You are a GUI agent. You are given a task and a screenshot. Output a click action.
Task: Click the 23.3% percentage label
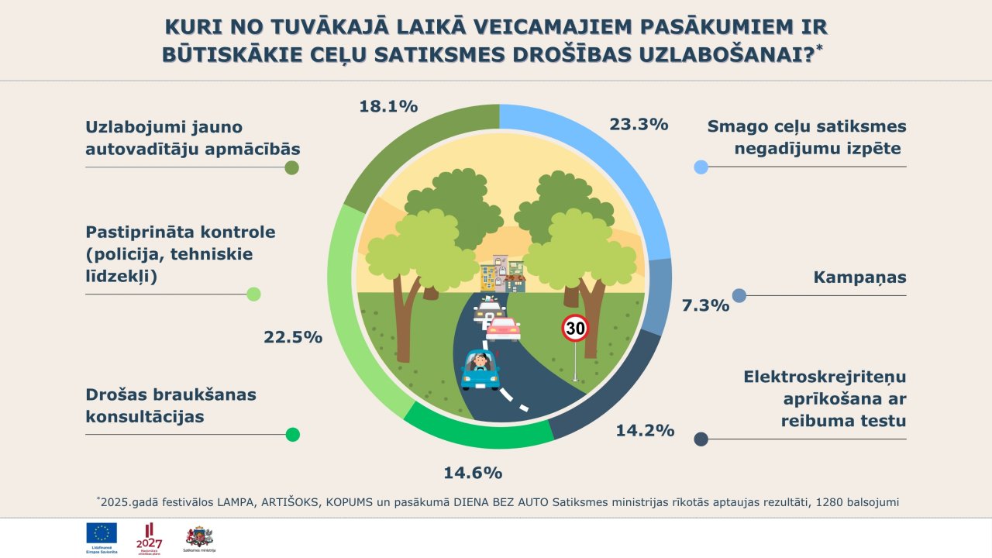(x=639, y=123)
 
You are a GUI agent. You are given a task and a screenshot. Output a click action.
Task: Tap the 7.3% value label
(x=704, y=305)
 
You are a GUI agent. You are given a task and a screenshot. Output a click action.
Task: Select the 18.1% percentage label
(x=388, y=106)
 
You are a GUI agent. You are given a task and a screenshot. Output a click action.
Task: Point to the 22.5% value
(x=292, y=336)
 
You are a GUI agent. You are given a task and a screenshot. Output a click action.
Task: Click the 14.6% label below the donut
(x=473, y=472)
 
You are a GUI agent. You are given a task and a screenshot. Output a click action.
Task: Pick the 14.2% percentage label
(x=645, y=430)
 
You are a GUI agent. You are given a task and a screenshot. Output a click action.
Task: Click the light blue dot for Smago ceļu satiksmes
(x=701, y=167)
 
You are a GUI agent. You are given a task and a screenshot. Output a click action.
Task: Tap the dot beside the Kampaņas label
(x=739, y=295)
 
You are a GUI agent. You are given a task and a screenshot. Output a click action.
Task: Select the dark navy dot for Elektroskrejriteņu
(x=701, y=439)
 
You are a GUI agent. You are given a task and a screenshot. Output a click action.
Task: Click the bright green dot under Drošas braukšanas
(x=292, y=435)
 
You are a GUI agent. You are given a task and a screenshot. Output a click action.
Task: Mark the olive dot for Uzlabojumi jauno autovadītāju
(x=292, y=167)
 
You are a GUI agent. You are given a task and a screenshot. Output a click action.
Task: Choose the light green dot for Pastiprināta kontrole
(x=253, y=294)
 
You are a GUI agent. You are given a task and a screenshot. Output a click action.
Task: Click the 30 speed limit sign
(x=575, y=329)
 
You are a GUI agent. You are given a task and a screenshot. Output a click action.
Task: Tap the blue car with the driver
(x=480, y=369)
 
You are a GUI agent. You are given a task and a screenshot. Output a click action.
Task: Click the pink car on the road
(x=503, y=329)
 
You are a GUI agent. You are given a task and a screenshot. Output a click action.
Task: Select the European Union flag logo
(x=102, y=533)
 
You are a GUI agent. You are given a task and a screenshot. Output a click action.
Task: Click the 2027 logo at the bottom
(x=150, y=536)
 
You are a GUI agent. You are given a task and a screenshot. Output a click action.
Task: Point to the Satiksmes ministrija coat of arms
(x=199, y=536)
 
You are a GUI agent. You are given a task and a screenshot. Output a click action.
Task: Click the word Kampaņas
(x=859, y=277)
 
